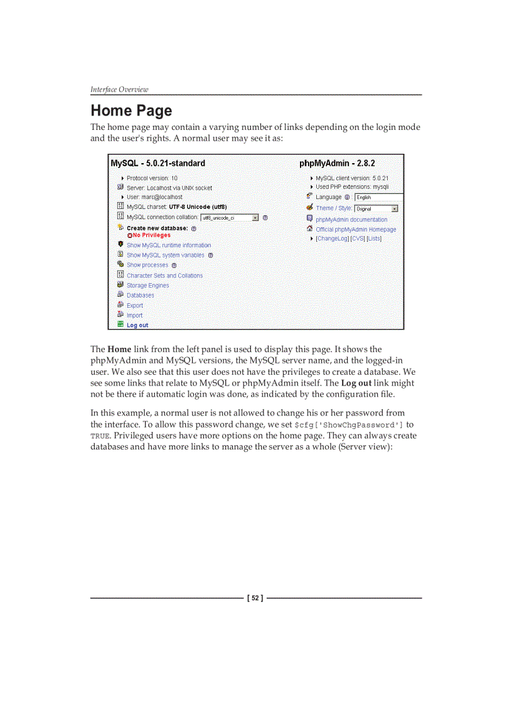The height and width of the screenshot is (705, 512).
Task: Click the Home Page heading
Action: [131, 111]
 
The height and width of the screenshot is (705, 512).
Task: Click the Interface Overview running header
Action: [119, 89]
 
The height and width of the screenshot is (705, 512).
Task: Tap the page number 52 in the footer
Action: [255, 598]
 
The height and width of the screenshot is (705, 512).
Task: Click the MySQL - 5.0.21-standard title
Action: [158, 163]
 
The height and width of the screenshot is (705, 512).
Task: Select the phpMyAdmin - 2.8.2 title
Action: [337, 163]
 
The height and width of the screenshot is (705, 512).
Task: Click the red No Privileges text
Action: [151, 235]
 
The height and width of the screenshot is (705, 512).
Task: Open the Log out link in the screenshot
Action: [137, 325]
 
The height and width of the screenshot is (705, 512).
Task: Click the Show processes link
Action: [147, 265]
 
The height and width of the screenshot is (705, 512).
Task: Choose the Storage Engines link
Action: [147, 285]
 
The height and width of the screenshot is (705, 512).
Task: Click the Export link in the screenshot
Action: [135, 305]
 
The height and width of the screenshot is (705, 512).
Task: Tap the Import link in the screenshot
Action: [134, 315]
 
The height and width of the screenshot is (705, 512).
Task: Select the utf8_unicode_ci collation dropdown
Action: [230, 218]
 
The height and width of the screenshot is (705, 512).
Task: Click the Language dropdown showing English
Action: [378, 197]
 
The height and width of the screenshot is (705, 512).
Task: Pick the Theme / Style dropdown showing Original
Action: [376, 208]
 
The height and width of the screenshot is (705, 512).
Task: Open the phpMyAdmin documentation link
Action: [351, 220]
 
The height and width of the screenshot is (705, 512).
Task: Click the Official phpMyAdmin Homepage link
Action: [356, 229]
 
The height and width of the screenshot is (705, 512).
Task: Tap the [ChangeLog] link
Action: [332, 239]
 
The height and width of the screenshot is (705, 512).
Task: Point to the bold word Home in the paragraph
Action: [119, 349]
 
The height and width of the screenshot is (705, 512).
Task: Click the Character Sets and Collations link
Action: [164, 276]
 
